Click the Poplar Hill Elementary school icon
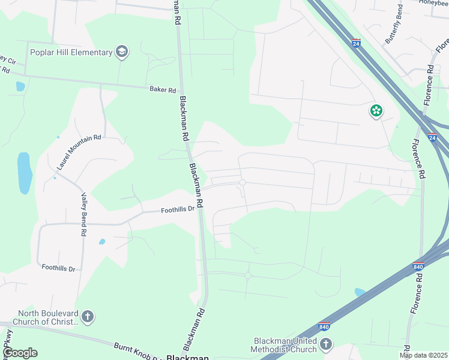pos(122,52)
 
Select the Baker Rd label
pos(163,90)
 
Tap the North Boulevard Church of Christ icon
pos(88,316)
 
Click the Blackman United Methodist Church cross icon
pos(326,344)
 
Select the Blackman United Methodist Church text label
pos(284,345)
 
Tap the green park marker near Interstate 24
pos(376,110)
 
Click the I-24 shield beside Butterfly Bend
pos(356,44)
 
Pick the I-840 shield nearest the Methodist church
pos(324,326)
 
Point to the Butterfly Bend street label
pos(394,24)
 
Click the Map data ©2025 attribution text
pos(423,355)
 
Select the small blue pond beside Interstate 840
pos(360,292)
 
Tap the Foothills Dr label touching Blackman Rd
pos(178,209)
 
